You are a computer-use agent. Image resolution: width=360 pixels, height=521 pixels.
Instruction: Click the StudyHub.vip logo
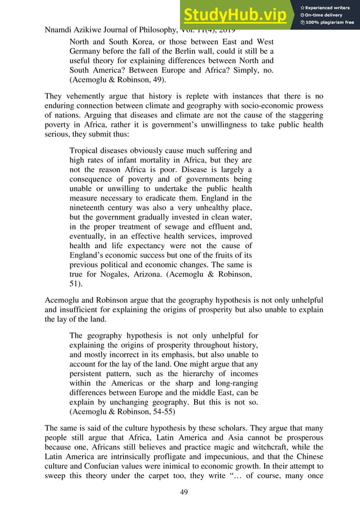tap(237, 14)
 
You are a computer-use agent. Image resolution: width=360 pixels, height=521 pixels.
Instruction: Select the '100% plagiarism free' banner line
tap(329, 23)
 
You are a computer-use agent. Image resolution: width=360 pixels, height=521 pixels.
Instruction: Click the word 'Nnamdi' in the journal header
tap(60, 29)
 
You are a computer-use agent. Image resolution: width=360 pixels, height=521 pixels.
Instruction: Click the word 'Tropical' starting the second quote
tap(85, 151)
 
